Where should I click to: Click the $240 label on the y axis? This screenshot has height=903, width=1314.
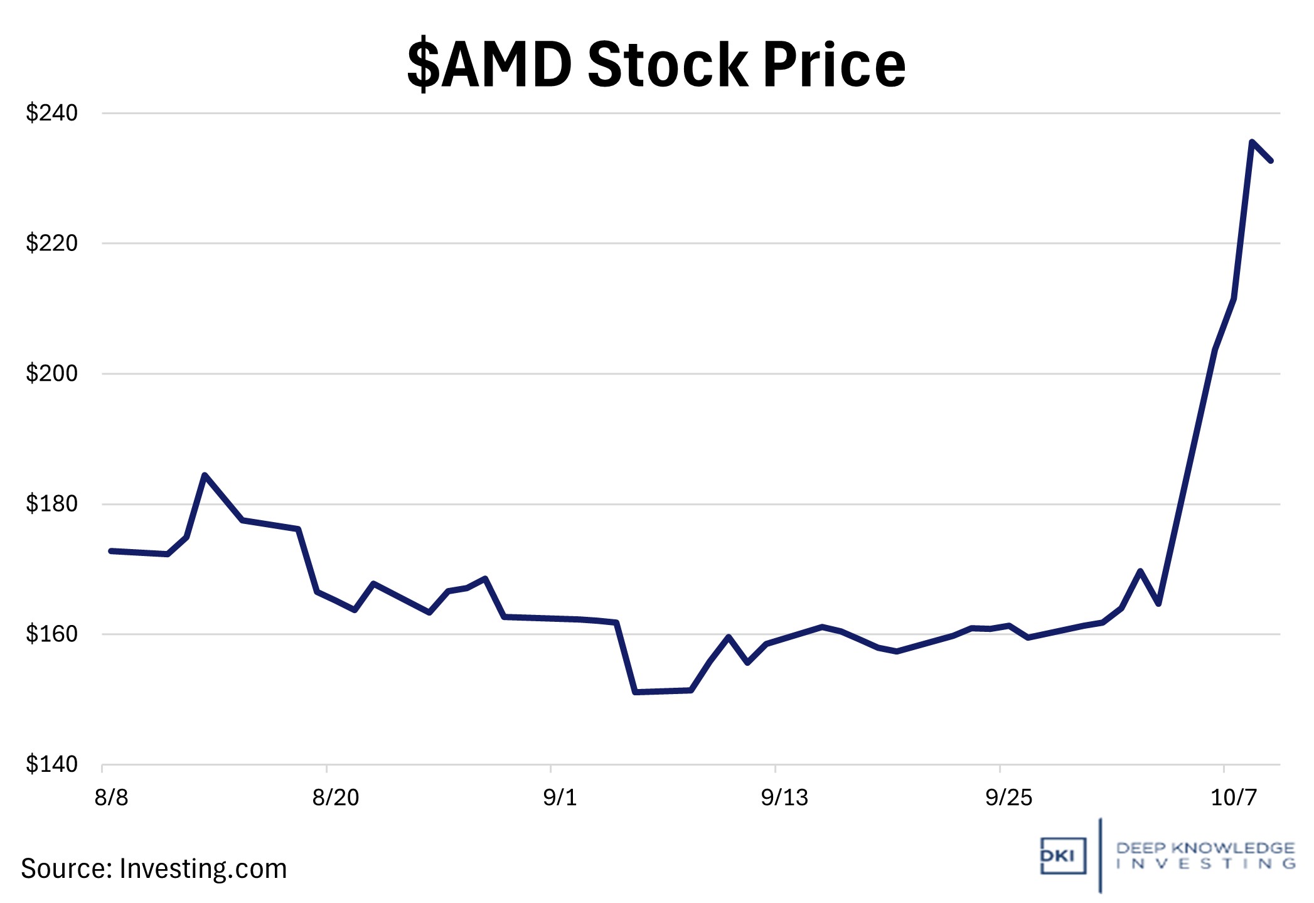coord(51,113)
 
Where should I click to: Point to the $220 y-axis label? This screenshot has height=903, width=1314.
coord(51,243)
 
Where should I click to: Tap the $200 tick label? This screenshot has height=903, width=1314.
coord(51,373)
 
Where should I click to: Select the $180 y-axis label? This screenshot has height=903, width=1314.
coord(51,503)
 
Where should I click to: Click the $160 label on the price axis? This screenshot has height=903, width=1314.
coord(51,634)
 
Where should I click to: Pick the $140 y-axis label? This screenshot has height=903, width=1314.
coord(51,764)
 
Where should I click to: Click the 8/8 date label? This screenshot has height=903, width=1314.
coord(111,798)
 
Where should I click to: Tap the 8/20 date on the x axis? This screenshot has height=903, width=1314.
coord(336,798)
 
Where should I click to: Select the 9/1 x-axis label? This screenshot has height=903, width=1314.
coord(560,798)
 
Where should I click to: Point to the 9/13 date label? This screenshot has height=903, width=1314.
coord(784,798)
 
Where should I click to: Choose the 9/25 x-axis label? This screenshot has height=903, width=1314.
coord(1008,798)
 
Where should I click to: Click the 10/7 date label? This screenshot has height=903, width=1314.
coord(1233,798)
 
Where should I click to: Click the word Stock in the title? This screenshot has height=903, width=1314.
coord(668,65)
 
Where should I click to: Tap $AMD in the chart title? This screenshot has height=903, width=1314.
coord(489,65)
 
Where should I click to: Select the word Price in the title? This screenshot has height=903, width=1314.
coord(835,65)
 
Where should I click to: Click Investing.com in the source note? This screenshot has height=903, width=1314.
coord(203,869)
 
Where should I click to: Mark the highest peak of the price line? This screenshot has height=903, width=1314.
coord(1252,142)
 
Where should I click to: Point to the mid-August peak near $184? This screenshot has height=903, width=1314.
coord(205,475)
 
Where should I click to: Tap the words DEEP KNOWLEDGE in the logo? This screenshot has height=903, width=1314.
coord(1205,848)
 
